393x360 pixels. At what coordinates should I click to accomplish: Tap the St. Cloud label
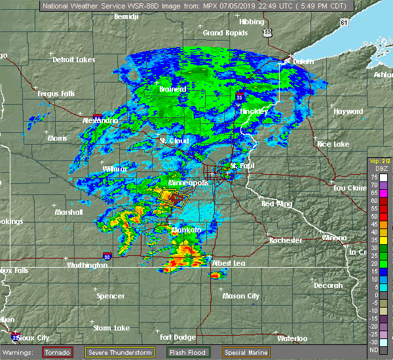(x=174, y=141)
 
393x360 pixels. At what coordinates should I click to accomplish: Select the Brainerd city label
(x=173, y=89)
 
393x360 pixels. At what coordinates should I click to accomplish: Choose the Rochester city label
(x=287, y=240)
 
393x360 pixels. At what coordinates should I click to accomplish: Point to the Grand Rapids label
(x=222, y=33)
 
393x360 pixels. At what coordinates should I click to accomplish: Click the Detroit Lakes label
(x=74, y=60)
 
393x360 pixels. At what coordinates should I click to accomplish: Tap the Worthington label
(x=87, y=265)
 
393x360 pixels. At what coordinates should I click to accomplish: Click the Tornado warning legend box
(x=57, y=352)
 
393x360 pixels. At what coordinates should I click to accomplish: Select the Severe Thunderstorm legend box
(x=121, y=352)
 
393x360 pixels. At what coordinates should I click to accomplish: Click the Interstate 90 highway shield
(x=107, y=255)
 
